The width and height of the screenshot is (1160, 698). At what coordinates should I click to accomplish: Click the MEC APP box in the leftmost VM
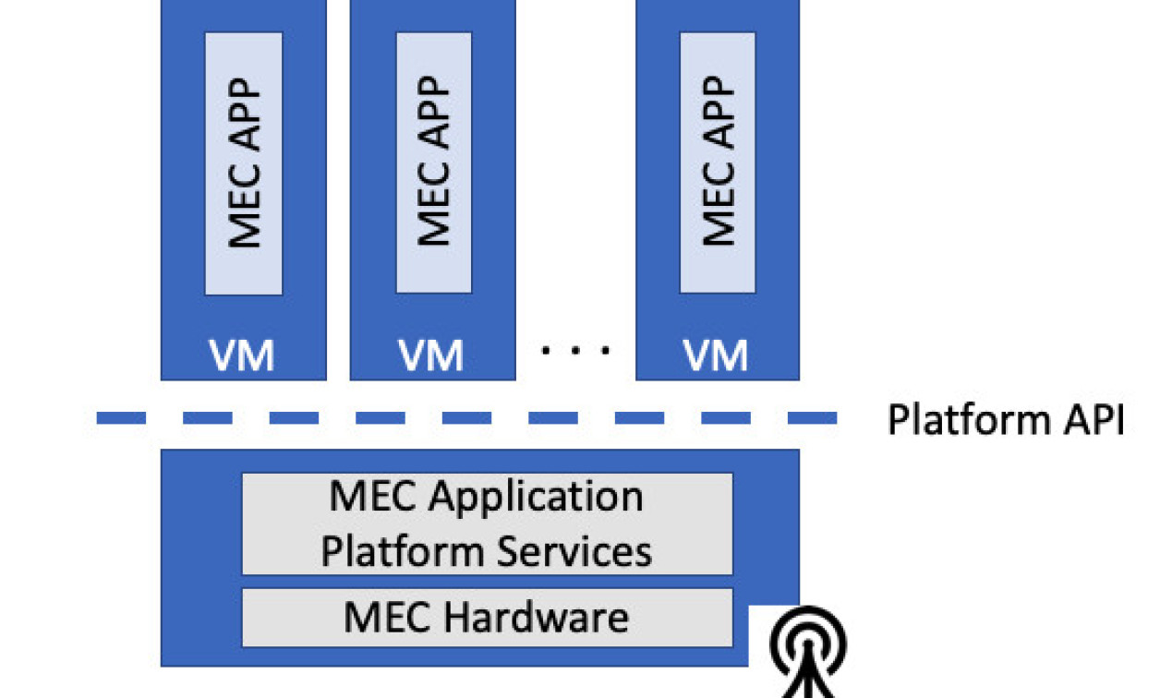[244, 163]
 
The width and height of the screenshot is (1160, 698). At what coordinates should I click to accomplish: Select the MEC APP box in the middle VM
[434, 163]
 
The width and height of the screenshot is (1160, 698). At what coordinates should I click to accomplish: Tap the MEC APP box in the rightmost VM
[718, 163]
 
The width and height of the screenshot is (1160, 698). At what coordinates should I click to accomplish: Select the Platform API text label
[1006, 420]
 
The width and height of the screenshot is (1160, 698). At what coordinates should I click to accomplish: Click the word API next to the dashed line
[1094, 420]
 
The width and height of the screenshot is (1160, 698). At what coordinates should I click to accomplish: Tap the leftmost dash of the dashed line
[121, 418]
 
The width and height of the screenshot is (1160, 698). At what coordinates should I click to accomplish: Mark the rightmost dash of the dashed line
[812, 418]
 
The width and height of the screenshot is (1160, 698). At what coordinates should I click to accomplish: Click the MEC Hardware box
[487, 617]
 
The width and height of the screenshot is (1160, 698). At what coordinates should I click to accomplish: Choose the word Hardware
[537, 617]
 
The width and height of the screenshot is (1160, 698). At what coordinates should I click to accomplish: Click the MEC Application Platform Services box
[487, 523]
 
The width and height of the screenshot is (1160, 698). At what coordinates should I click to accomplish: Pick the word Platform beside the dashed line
[968, 420]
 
